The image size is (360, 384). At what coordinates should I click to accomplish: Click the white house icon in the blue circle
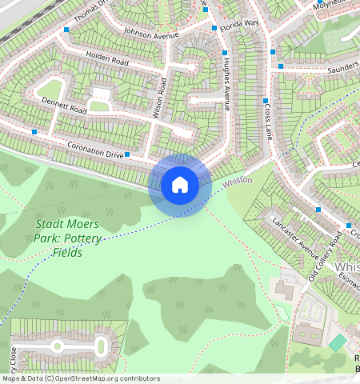(x=180, y=186)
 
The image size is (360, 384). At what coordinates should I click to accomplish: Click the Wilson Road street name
(x=159, y=98)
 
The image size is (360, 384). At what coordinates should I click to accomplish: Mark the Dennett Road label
(x=65, y=103)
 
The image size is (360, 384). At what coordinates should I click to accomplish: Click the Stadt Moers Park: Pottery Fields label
(x=67, y=238)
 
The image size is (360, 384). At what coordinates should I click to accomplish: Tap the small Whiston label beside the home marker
(x=237, y=182)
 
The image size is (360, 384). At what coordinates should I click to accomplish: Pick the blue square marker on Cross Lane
(x=266, y=101)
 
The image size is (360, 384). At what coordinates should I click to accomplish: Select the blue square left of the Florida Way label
(x=214, y=28)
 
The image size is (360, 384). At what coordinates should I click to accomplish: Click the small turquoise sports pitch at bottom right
(x=338, y=342)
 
